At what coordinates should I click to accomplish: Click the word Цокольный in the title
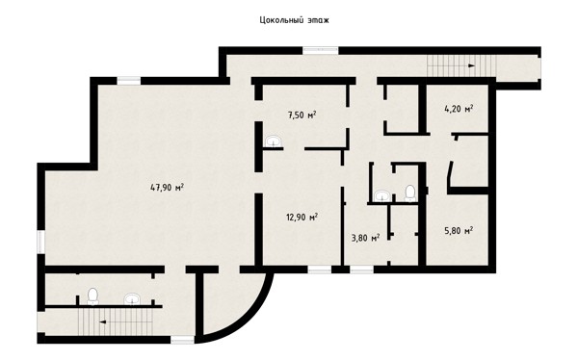[x=281, y=20]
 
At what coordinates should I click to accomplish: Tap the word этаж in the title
[x=318, y=20]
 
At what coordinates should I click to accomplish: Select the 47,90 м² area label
[x=167, y=187]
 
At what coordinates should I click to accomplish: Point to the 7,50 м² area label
[x=302, y=115]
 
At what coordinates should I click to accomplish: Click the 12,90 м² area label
[x=302, y=217]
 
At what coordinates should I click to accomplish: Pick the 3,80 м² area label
[x=366, y=238]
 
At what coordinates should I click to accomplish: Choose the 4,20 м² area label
[x=459, y=109]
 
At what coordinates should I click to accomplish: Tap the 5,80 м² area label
[x=459, y=231]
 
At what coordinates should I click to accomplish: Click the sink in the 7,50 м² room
[x=274, y=141]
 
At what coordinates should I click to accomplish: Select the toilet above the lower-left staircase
[x=92, y=296]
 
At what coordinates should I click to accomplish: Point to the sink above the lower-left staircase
[x=132, y=298]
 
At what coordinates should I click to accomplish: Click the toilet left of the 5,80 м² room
[x=410, y=193]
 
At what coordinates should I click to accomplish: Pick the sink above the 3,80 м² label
[x=382, y=195]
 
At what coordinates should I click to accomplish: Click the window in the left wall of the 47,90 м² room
[x=40, y=243]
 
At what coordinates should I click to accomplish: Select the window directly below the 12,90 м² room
[x=320, y=270]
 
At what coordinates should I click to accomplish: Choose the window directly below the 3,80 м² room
[x=361, y=270]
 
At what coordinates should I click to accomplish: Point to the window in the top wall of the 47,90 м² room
[x=129, y=81]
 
